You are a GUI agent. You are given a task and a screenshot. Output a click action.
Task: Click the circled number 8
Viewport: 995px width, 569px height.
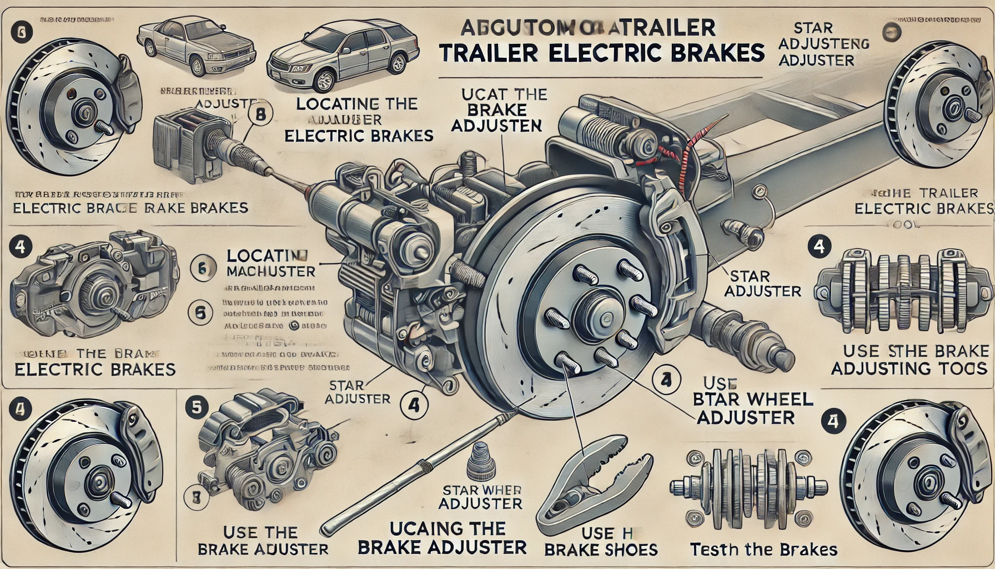click(x=262, y=115)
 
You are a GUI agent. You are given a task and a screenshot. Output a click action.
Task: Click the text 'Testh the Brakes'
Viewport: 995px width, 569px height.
click(x=763, y=550)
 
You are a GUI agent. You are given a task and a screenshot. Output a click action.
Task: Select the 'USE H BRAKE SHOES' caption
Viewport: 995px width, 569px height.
click(x=601, y=542)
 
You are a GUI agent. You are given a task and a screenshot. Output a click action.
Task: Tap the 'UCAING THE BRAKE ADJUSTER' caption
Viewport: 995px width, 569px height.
click(x=442, y=537)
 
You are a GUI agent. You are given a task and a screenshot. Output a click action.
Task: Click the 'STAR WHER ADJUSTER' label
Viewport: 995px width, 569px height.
click(x=481, y=497)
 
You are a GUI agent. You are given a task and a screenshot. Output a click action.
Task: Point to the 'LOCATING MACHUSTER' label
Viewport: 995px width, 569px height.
click(x=271, y=263)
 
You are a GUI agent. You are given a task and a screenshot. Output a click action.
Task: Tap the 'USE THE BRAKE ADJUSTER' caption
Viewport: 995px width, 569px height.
click(x=263, y=541)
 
